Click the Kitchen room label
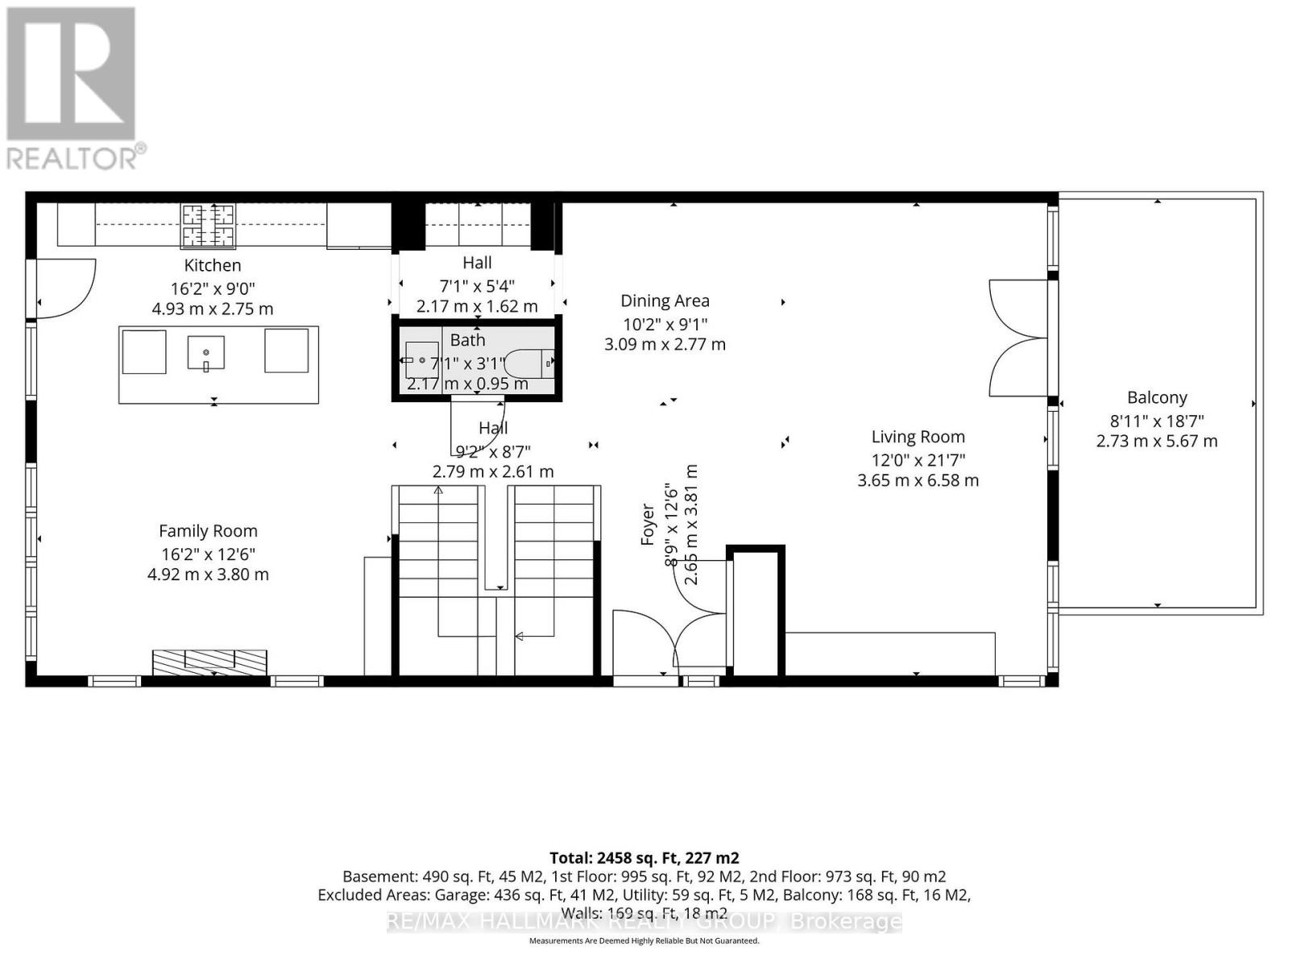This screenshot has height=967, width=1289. [212, 265]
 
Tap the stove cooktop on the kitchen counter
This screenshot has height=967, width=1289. [208, 225]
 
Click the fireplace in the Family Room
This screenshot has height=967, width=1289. [209, 662]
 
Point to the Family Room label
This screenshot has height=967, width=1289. [208, 531]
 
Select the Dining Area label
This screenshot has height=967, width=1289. [665, 301]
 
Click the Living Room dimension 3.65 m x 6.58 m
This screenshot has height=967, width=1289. [918, 480]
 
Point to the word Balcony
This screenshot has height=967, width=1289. [1157, 397]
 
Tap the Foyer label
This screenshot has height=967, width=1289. [648, 524]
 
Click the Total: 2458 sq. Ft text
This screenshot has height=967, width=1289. [644, 857]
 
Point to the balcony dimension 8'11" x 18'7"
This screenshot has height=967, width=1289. [1157, 421]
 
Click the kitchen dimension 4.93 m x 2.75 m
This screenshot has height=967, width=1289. [212, 309]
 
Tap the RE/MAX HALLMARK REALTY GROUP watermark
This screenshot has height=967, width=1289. [644, 922]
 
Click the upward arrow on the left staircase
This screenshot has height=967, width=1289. [438, 491]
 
